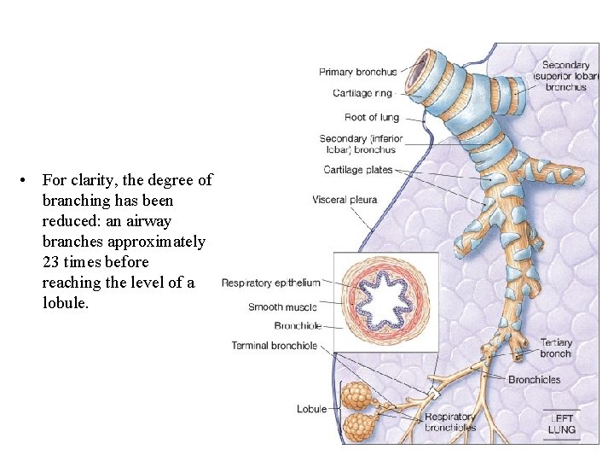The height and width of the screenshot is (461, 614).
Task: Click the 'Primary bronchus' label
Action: [x=357, y=72]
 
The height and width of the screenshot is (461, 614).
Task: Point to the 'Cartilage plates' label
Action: [x=358, y=170]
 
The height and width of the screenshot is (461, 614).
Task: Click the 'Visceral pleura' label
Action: [x=345, y=200]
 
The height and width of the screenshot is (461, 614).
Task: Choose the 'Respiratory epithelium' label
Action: [x=270, y=283]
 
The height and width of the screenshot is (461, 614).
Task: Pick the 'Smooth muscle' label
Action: [x=282, y=307]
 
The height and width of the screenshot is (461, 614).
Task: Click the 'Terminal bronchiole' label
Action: [x=274, y=346]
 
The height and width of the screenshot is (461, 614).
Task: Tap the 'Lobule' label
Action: [x=311, y=409]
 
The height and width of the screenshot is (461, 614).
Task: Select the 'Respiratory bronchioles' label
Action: [x=450, y=422]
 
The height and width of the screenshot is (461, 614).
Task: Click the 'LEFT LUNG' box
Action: [x=562, y=423]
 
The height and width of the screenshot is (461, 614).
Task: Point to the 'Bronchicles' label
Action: [x=535, y=379]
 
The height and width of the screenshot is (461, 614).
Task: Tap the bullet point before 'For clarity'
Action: [x=28, y=180]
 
